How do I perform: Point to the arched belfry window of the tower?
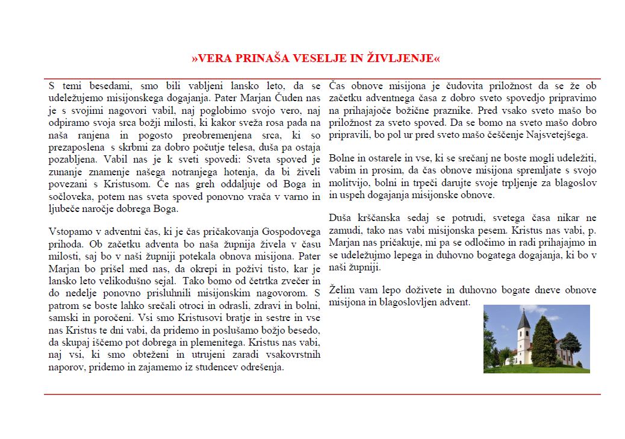pyautogui.click(x=524, y=333)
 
